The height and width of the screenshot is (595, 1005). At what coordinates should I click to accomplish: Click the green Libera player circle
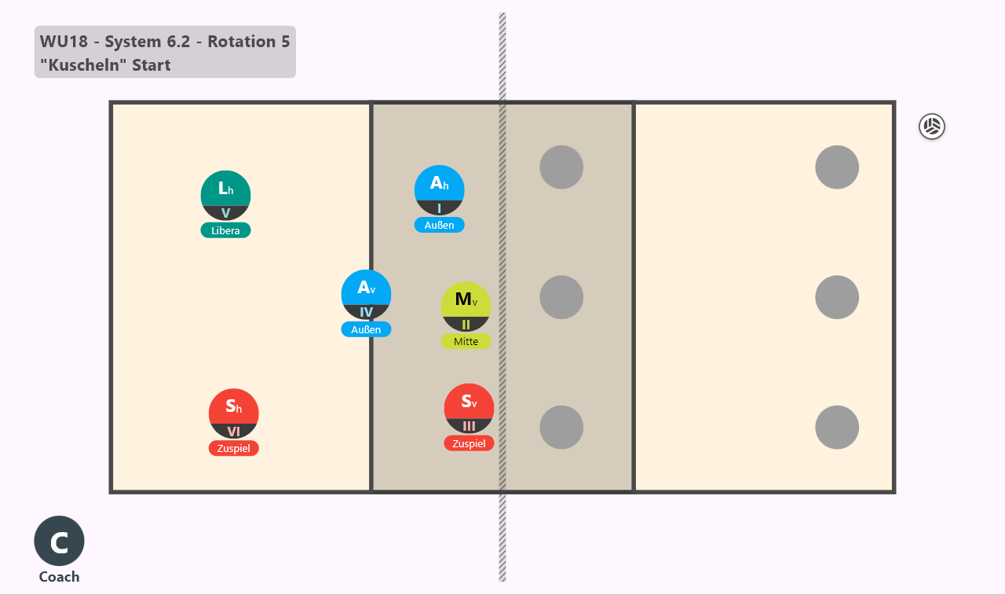225,196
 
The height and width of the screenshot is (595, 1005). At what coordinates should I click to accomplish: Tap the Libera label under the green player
225,230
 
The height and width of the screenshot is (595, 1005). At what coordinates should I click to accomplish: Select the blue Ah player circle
439,190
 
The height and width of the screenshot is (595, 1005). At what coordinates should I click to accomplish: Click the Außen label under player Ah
439,225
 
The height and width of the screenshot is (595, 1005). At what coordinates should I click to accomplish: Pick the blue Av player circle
366,295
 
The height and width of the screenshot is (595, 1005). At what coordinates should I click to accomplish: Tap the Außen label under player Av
366,329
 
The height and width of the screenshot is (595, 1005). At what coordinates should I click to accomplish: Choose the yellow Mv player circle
466,307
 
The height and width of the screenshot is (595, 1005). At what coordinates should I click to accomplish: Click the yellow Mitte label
466,341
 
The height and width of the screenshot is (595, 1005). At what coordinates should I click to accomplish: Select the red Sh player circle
234,413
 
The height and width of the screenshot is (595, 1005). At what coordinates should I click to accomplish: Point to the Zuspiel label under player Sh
234,448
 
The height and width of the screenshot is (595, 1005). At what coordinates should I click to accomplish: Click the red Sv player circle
469,408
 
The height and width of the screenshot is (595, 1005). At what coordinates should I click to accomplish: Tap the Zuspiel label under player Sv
469,443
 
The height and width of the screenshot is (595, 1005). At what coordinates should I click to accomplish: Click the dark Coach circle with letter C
59,541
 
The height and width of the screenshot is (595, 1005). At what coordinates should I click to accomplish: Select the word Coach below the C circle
59,577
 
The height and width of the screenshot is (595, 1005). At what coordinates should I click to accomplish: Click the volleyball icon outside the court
932,127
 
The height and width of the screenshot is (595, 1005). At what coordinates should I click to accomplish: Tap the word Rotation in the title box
241,42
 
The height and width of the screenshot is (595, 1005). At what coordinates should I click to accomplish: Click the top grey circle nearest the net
561,167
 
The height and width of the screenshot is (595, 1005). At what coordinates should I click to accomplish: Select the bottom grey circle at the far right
837,427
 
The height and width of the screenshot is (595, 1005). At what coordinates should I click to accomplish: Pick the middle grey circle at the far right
837,297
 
